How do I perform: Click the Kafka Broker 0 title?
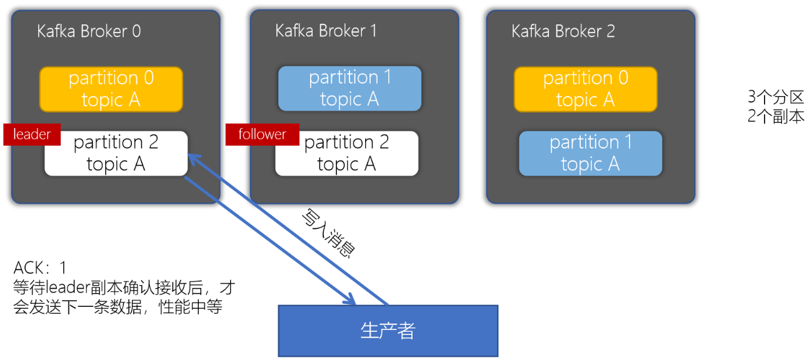89,31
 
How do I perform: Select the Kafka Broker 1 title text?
326,31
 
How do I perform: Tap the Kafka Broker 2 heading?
563,31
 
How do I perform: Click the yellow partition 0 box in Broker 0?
111,89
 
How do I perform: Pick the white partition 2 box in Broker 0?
116,154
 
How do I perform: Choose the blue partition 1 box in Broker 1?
349,89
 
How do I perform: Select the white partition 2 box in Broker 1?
347,154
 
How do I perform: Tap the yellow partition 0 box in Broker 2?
585,89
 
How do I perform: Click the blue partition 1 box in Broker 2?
590,153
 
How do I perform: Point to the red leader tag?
32,134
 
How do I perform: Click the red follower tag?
263,134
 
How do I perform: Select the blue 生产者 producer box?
388,331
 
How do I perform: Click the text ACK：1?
40,268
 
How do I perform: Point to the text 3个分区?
775,97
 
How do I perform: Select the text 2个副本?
775,116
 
